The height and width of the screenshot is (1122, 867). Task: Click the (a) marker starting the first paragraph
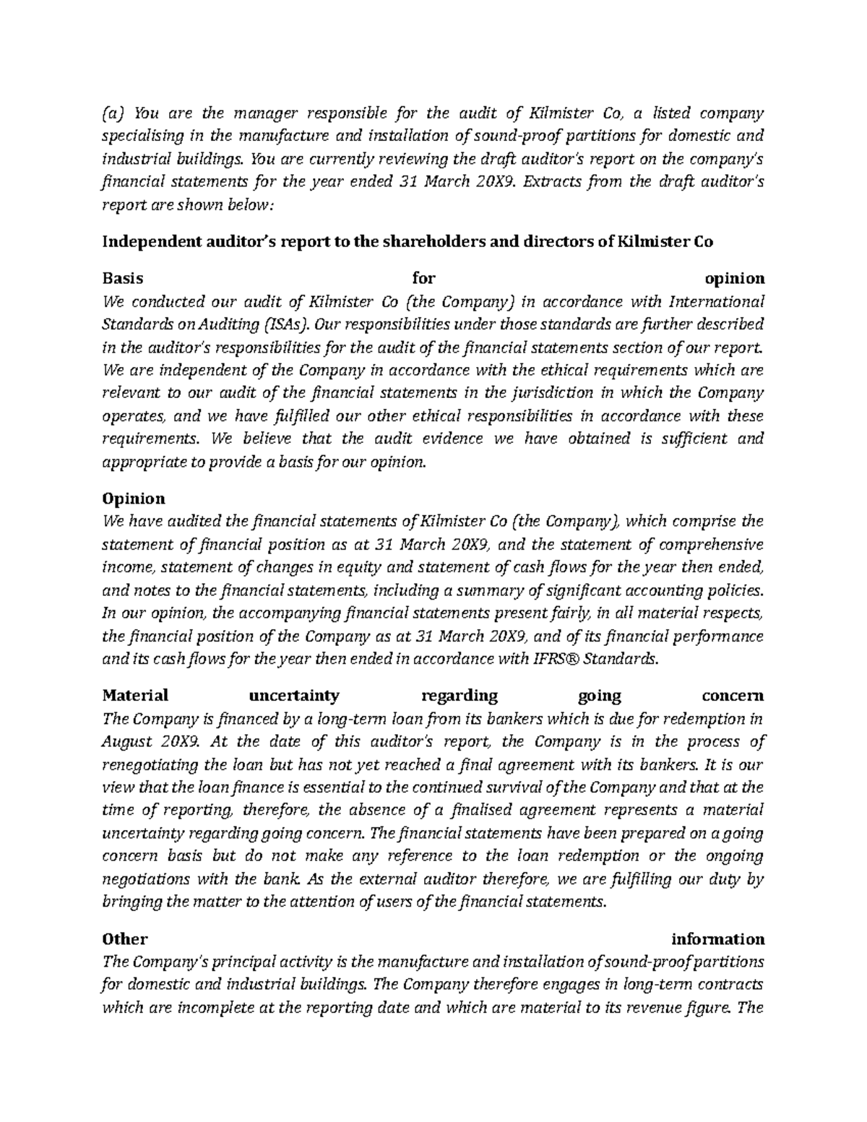point(114,113)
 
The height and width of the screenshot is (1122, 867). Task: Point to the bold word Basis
point(123,278)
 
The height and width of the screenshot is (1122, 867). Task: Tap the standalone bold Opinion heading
point(134,499)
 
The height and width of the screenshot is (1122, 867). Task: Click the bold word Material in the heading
point(135,696)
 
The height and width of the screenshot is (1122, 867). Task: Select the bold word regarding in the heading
point(459,696)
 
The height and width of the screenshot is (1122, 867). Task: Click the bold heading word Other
point(125,939)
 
